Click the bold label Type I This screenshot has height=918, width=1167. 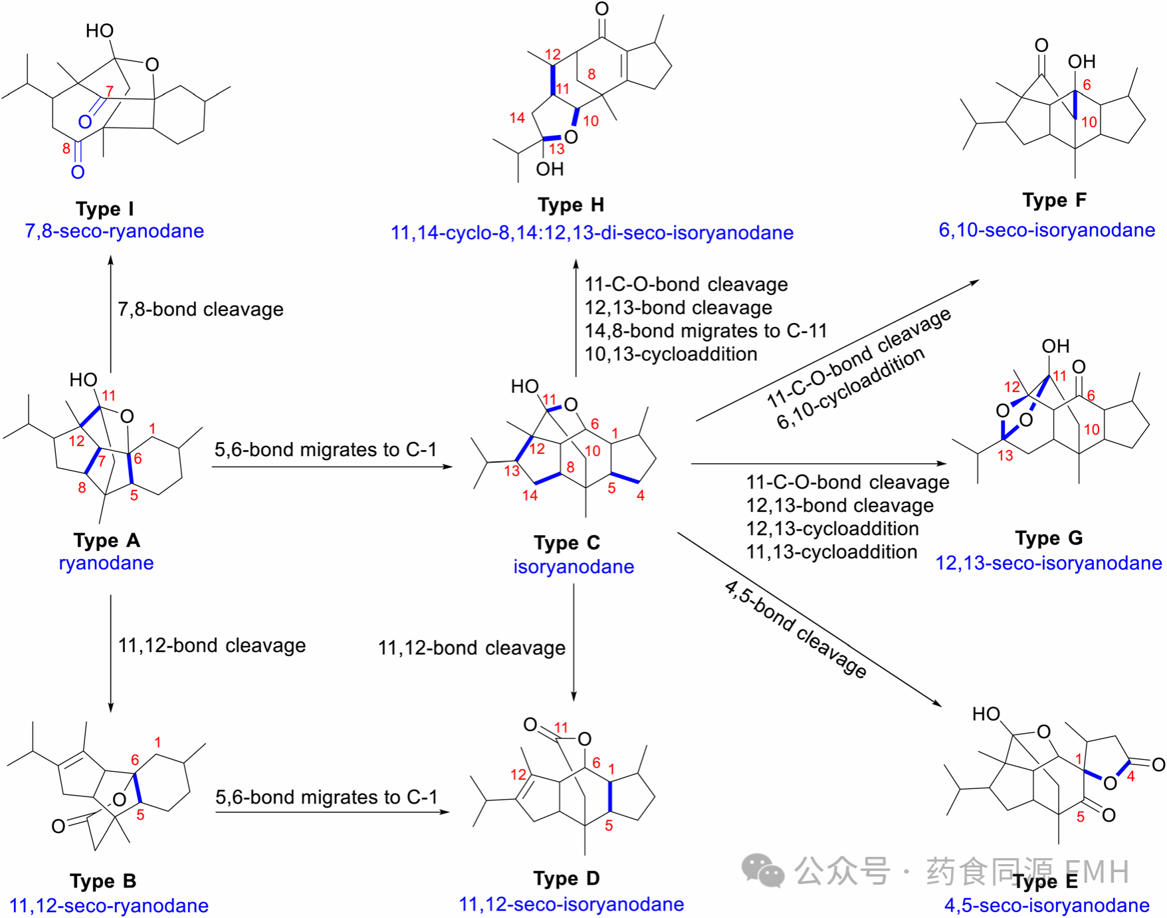(104, 209)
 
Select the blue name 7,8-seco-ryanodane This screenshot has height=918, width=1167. (114, 231)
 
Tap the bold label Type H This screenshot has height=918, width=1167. (571, 205)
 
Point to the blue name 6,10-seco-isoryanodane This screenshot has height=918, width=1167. (1046, 230)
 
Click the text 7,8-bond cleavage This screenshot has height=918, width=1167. (200, 309)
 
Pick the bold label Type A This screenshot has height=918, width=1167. (106, 540)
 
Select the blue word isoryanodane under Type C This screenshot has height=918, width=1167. (574, 566)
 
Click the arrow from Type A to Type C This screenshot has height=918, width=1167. (332, 467)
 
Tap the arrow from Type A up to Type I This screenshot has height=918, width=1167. (111, 312)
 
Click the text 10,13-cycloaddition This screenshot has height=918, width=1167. (671, 354)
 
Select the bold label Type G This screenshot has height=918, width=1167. (1049, 538)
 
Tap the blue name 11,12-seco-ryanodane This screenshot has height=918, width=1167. (109, 905)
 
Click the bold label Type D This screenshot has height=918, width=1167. (566, 879)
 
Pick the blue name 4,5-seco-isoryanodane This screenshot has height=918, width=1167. (1047, 905)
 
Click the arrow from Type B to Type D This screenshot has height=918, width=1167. (332, 812)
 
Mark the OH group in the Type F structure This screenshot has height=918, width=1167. (1081, 62)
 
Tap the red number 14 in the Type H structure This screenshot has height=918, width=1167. (517, 118)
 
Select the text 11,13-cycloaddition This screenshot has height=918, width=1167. (831, 552)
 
